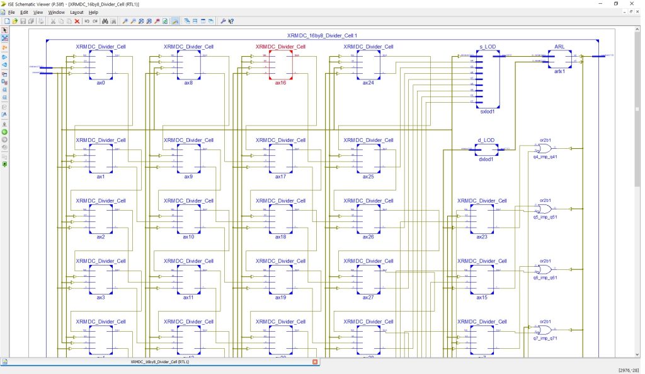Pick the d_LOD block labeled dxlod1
pyautogui.click(x=485, y=149)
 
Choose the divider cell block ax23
pyautogui.click(x=482, y=218)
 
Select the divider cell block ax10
pyautogui.click(x=188, y=218)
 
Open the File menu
pyautogui.click(x=11, y=12)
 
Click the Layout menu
pyautogui.click(x=76, y=12)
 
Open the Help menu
pyautogui.click(x=93, y=12)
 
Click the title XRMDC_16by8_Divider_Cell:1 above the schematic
pyautogui.click(x=322, y=35)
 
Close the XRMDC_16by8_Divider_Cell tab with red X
pyautogui.click(x=316, y=362)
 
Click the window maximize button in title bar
pyautogui.click(x=615, y=4)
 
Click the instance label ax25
pyautogui.click(x=368, y=177)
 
